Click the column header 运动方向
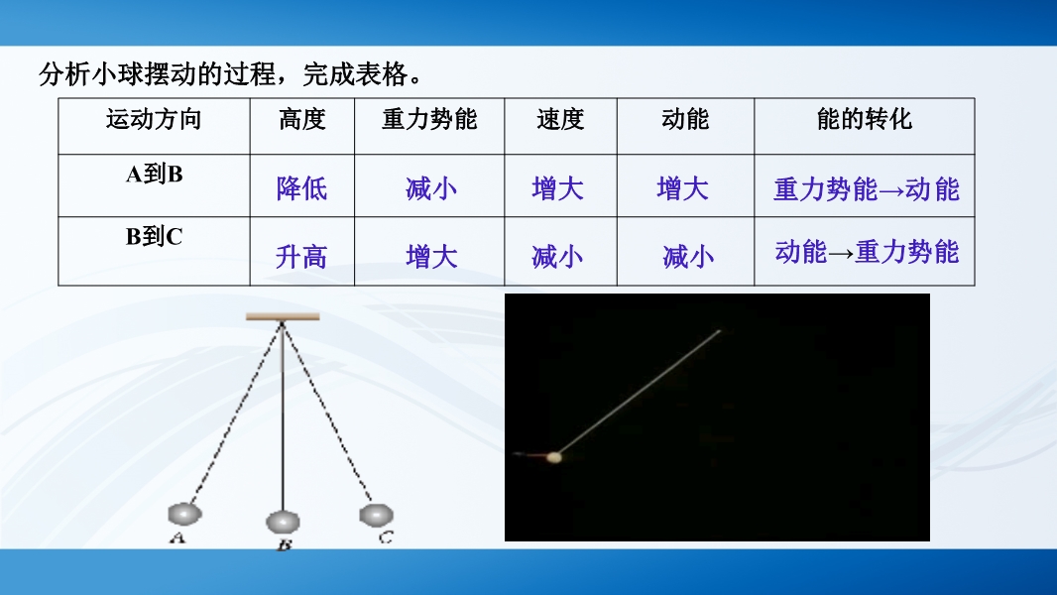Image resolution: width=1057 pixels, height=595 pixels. point(154,119)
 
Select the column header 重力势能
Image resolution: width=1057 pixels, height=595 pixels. point(429,119)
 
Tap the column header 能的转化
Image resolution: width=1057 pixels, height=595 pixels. point(865,119)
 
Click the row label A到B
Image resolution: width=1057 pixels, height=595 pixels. point(155,174)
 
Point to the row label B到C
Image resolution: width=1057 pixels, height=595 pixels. point(155,237)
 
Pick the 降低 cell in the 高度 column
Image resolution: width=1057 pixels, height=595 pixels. point(301,188)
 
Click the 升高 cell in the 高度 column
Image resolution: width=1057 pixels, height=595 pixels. point(301,257)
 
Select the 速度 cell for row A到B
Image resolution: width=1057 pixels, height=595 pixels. point(557,188)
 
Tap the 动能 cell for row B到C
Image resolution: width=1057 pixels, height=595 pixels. point(687,257)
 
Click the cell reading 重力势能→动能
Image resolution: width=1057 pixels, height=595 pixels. point(867,189)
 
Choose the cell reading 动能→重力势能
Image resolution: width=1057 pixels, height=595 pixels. point(867,252)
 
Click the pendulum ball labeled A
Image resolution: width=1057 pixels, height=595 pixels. point(184,514)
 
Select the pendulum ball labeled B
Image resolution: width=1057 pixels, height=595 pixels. point(284,522)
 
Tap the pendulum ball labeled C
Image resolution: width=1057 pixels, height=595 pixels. point(376,516)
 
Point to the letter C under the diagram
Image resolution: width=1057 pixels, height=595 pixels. point(386,537)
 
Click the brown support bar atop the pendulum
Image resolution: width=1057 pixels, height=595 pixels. point(283,316)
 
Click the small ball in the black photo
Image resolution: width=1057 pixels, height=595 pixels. point(554,457)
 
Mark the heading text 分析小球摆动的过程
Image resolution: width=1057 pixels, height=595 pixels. point(157,74)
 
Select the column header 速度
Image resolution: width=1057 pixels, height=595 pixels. point(560,119)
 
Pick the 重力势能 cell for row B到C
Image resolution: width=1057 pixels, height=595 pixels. point(431,257)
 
